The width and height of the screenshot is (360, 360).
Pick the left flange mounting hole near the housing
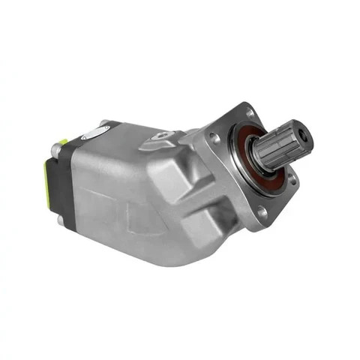click(x=215, y=139)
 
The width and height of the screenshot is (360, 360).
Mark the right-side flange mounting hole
click(x=293, y=179)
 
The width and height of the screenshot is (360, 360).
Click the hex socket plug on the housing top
click(x=161, y=136)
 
